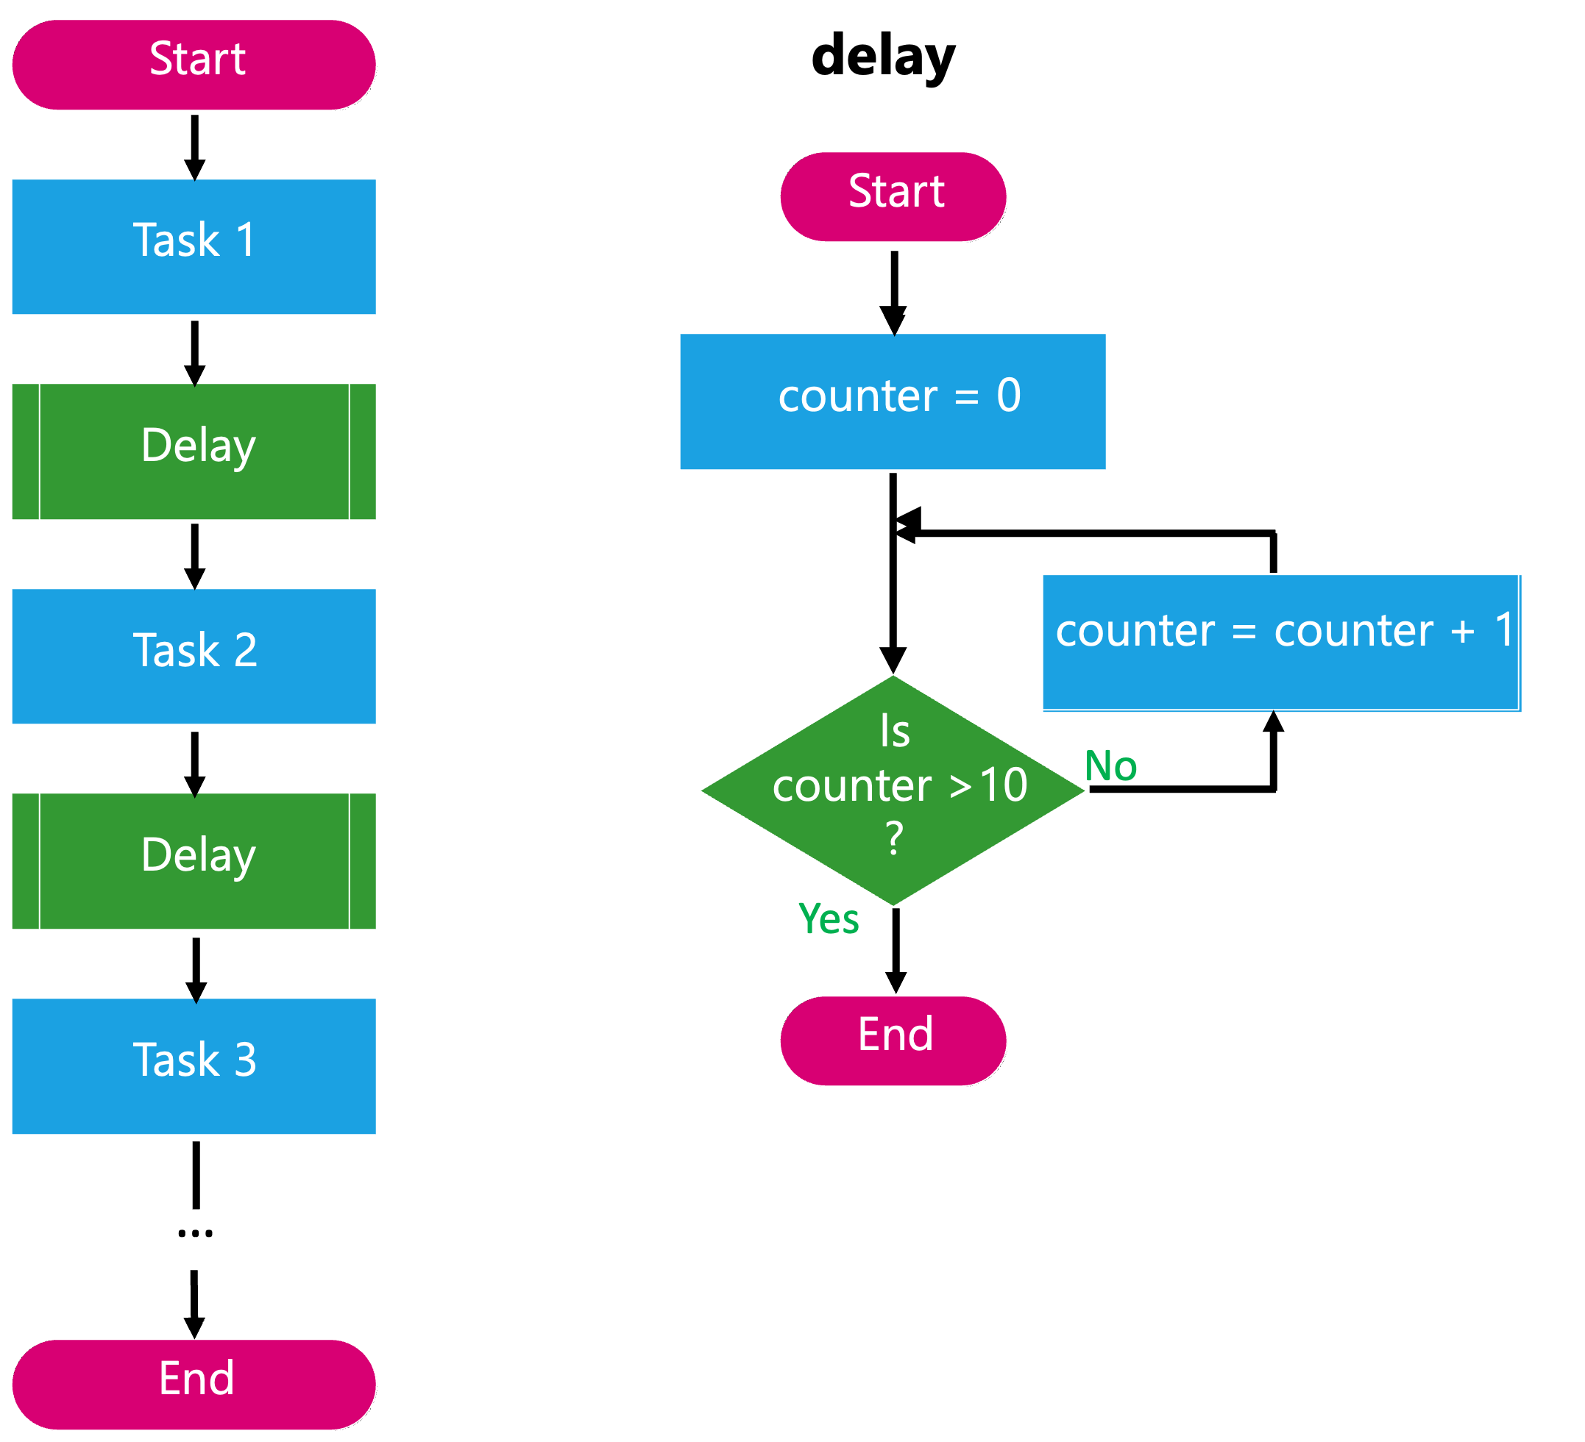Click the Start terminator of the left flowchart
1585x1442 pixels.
tap(194, 65)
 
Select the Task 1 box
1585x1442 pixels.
tap(194, 247)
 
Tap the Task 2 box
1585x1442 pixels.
tap(194, 656)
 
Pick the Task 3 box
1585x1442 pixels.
tap(194, 1066)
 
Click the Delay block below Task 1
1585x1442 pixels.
tap(194, 451)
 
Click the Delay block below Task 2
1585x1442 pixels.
tap(194, 861)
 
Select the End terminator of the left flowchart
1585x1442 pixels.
tap(194, 1385)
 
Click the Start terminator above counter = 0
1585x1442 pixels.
tap(893, 196)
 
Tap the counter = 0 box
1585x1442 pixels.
tap(893, 401)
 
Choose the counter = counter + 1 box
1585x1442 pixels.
tap(1279, 642)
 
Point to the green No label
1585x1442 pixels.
tap(1110, 766)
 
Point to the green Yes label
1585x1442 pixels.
tap(829, 918)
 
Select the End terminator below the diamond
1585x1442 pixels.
tap(893, 1041)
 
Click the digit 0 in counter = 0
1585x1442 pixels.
tap(1009, 396)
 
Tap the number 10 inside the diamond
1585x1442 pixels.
tap(1003, 785)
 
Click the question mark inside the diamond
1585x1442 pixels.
tap(894, 838)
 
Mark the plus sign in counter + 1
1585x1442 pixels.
tap(1462, 632)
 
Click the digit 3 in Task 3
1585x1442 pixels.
tap(245, 1060)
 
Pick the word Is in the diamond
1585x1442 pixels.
tap(895, 732)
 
